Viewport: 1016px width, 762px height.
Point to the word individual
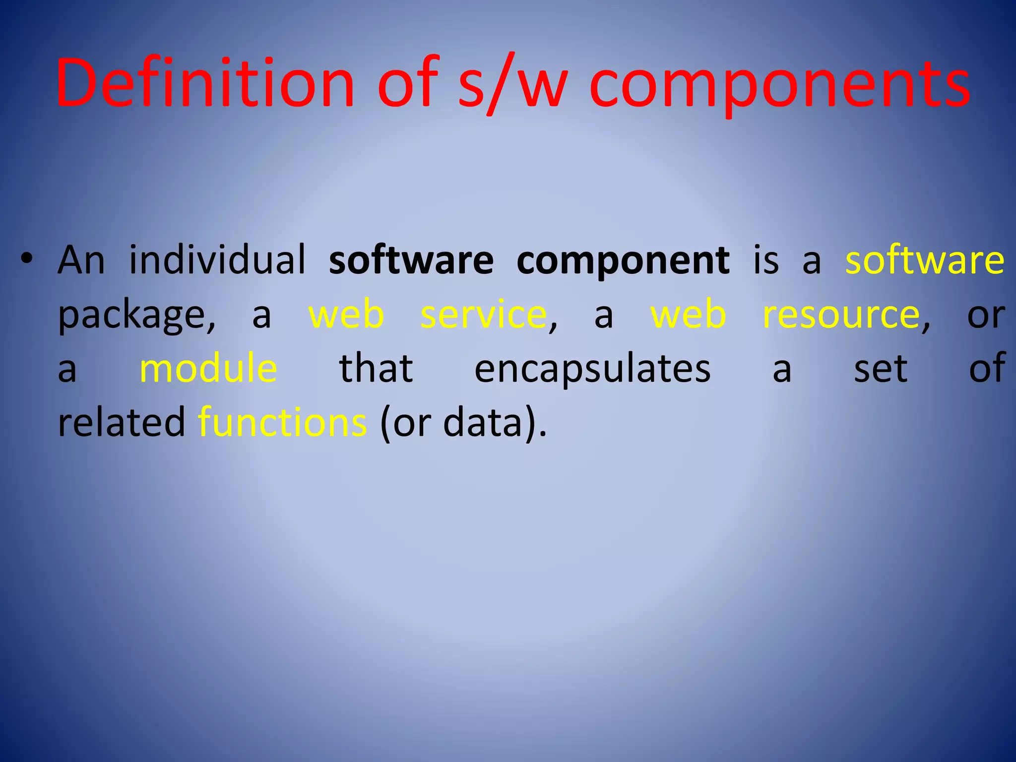coord(217,260)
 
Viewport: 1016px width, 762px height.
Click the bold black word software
coord(411,260)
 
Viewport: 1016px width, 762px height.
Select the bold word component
coord(623,261)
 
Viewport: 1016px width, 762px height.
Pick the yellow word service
coord(483,315)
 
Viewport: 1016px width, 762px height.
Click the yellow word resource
coord(841,315)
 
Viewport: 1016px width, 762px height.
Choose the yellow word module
coord(208,369)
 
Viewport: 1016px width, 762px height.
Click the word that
coord(376,369)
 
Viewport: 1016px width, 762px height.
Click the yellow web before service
coord(346,315)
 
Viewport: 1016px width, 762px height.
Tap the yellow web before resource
coord(688,315)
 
